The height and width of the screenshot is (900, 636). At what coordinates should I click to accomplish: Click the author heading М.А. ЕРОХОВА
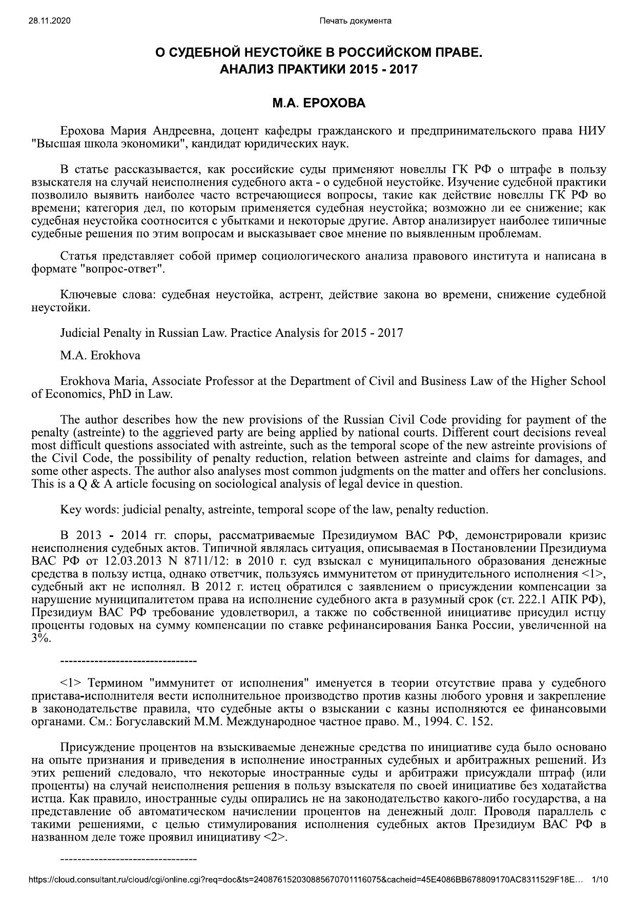(318, 103)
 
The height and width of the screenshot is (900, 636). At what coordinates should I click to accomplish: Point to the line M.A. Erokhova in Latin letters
(100, 355)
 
